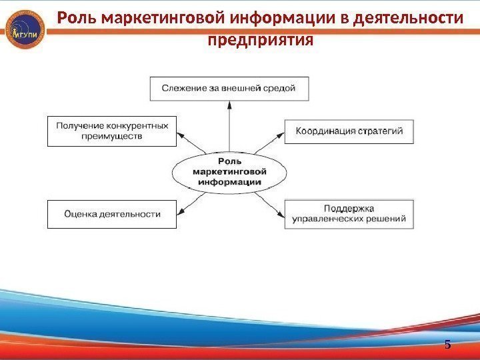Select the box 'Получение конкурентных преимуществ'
click(112, 131)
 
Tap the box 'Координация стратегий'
click(349, 131)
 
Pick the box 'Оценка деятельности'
click(112, 214)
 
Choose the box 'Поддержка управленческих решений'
click(349, 214)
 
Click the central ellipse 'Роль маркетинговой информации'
click(230, 172)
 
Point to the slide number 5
click(447, 345)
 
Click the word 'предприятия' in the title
click(260, 40)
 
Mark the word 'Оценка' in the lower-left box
click(81, 214)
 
